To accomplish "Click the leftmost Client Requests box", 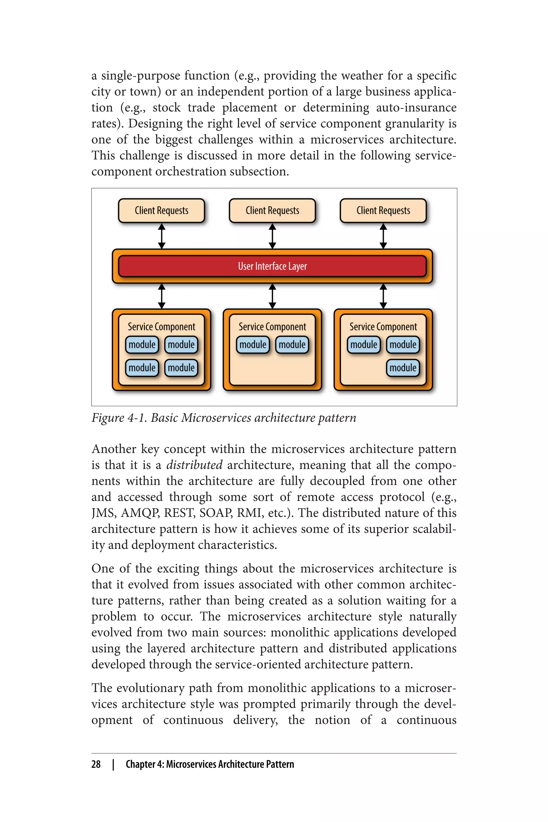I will coord(161,210).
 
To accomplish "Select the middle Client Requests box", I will coord(272,210).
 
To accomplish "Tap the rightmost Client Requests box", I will coord(383,210).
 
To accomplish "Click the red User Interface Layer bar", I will coord(272,266).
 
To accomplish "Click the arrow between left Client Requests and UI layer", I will coord(161,236).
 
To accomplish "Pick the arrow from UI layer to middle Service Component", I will coord(272,296).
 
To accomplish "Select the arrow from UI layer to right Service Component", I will coord(383,296).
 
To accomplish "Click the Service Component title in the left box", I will coord(161,327).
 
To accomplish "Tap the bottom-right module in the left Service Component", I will coord(181,368).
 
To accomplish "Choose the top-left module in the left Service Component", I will coord(142,345).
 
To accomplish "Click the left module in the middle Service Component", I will coord(253,345).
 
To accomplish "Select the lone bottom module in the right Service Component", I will coord(403,368).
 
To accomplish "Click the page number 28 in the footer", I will coord(96,764).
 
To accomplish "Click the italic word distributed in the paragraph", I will coord(194,465).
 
